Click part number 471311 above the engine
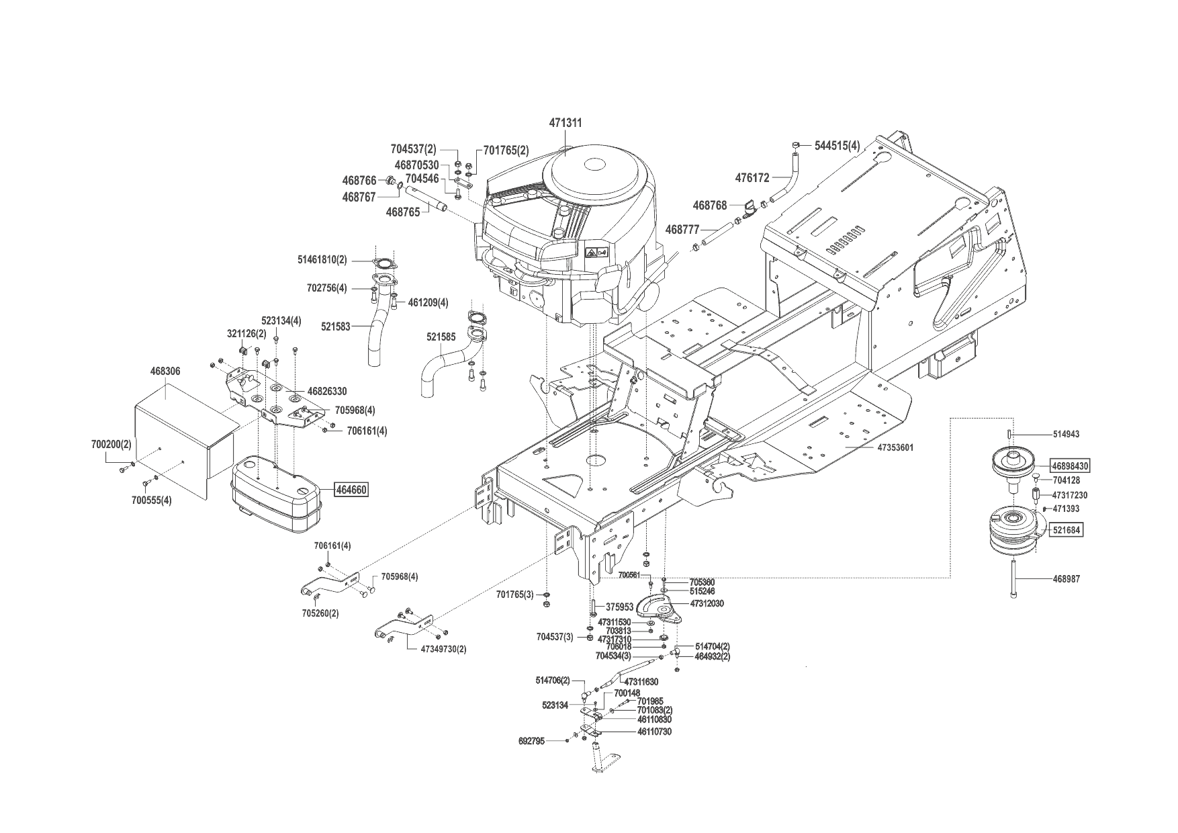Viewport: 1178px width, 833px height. pos(565,124)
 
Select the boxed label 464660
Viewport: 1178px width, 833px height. pos(351,490)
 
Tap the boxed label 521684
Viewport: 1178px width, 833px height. pos(1067,530)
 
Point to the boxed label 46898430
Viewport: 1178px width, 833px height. pos(1071,466)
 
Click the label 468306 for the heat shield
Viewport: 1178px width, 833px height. pos(165,371)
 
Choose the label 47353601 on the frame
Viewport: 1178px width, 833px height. pos(895,447)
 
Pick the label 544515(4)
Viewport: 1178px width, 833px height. pos(837,145)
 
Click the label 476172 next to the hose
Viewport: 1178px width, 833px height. pos(752,178)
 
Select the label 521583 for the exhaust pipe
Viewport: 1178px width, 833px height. pos(336,326)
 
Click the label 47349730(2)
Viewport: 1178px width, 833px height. pos(443,649)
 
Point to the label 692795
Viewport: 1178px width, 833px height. pos(532,741)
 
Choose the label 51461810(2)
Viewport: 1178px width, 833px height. pos(322,259)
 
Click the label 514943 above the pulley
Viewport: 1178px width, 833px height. pos(1067,435)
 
